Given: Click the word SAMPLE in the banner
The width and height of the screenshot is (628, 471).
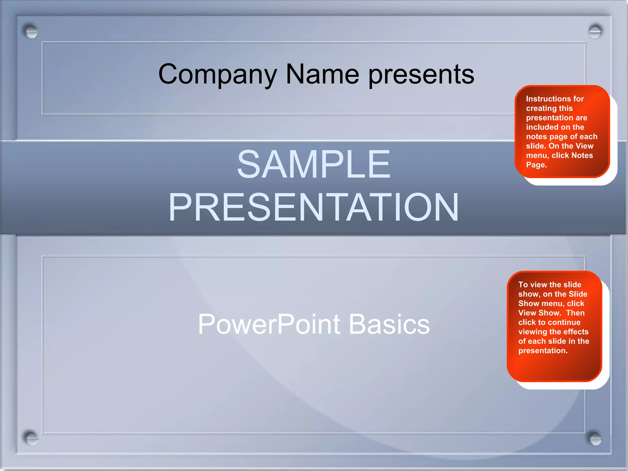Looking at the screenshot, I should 314,164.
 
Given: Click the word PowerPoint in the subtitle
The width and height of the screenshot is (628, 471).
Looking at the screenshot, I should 269,324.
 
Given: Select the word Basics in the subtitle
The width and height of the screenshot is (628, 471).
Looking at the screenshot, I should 389,324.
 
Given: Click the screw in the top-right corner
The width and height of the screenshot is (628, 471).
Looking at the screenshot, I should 595,31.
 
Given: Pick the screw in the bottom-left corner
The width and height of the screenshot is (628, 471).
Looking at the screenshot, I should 30,438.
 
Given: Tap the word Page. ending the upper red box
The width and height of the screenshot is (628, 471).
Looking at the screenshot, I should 536,165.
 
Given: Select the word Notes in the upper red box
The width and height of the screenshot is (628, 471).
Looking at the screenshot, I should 582,155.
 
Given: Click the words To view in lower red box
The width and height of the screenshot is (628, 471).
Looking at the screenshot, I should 532,285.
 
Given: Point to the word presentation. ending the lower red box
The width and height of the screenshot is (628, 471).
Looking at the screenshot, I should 543,350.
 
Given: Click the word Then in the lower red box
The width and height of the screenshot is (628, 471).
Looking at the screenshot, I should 575,313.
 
